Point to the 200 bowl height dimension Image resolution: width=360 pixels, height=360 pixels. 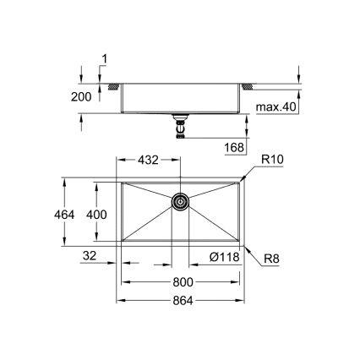coord(80,97)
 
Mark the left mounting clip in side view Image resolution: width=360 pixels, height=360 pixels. coord(112,86)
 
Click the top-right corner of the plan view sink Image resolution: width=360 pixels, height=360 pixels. coord(243,178)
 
